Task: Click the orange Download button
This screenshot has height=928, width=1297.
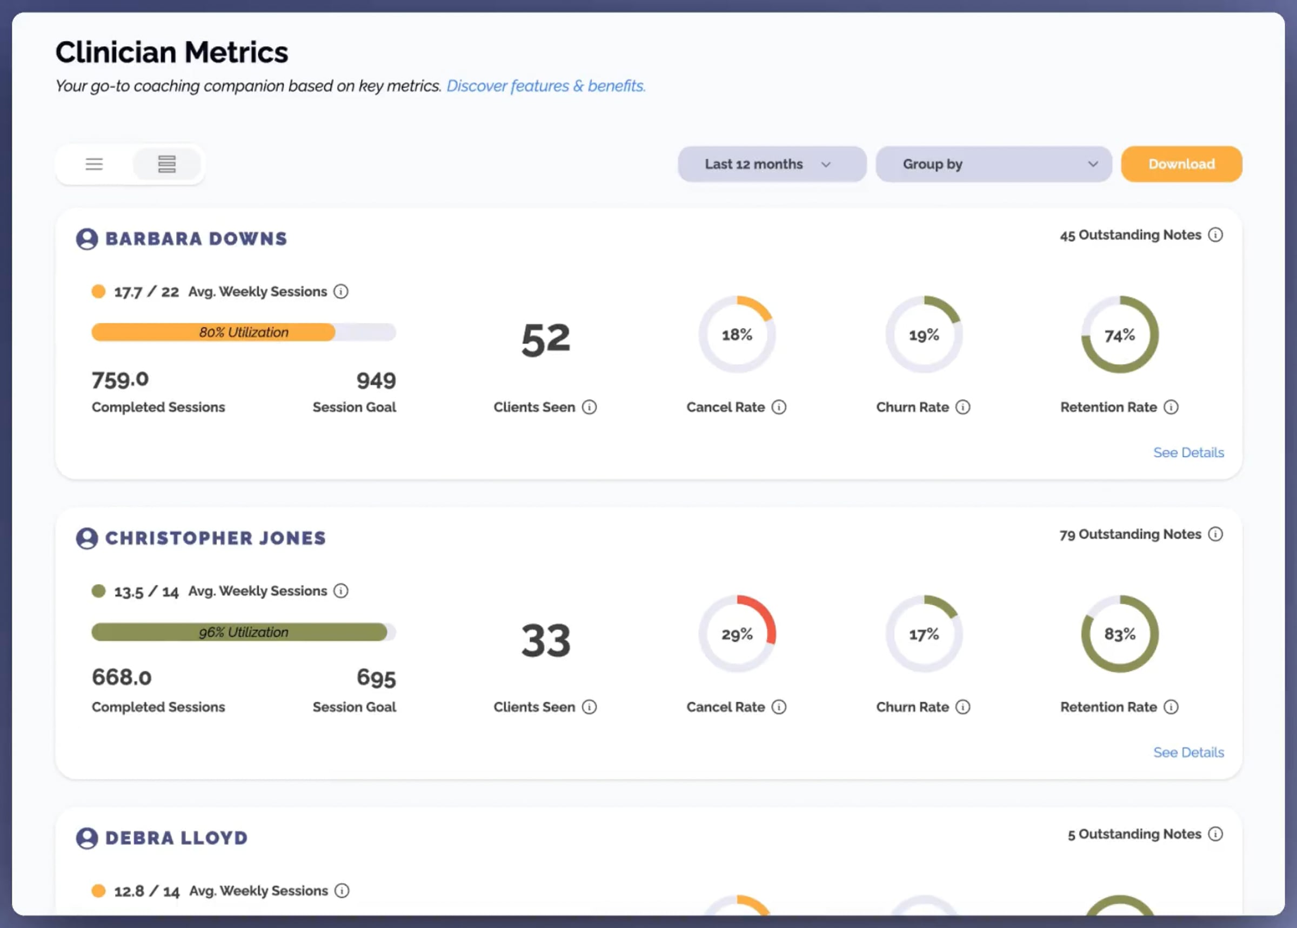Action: [1181, 164]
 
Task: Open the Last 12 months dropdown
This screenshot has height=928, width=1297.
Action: [772, 164]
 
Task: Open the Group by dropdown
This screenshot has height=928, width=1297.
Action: [993, 164]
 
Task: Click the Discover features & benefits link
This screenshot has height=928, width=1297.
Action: [546, 86]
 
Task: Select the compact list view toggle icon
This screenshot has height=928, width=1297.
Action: [95, 165]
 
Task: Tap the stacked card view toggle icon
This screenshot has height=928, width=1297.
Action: [166, 165]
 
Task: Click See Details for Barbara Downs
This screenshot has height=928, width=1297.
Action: [1188, 452]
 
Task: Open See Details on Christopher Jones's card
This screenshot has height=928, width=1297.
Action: [1188, 752]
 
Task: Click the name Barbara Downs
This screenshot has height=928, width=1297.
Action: [196, 239]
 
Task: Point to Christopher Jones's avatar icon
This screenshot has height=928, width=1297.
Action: [87, 538]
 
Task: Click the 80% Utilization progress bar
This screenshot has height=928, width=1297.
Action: [244, 332]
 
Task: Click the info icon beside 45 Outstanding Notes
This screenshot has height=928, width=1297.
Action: [1215, 235]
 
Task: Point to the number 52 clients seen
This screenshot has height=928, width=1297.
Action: [546, 340]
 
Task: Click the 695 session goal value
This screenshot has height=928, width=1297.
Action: [376, 678]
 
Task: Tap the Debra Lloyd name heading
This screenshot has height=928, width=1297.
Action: [176, 838]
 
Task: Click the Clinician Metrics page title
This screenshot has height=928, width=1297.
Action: [171, 52]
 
